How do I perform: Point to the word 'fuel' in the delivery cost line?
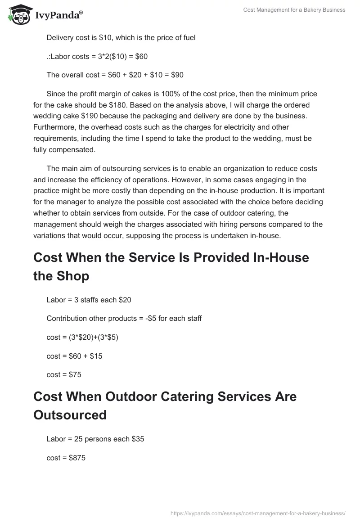(x=189, y=37)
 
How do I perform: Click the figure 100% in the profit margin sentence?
(x=169, y=94)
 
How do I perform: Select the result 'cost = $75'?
(x=64, y=374)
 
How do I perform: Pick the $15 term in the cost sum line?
(x=96, y=356)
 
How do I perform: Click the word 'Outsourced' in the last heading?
(x=70, y=414)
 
